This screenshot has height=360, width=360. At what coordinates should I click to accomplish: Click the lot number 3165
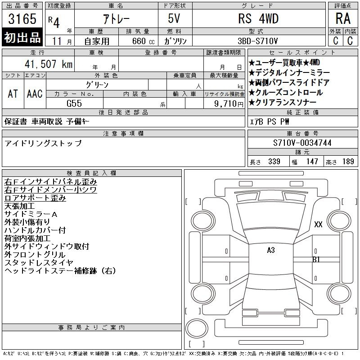pos(22,19)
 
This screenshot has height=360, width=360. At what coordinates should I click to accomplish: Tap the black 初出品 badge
pos(22,37)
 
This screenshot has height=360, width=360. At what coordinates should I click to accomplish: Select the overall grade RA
pos(343,18)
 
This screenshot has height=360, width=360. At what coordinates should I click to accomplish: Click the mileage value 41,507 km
pos(49,64)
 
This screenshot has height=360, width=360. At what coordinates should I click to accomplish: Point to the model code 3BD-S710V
pos(257,41)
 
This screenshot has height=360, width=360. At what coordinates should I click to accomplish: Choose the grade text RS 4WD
pos(258,18)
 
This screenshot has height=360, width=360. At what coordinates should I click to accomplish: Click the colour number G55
pos(74,103)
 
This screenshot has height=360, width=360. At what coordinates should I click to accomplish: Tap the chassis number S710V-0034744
pos(302,143)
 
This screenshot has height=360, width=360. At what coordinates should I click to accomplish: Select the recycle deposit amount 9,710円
pos(229,104)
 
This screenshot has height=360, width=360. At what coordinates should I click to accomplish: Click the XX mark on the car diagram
pos(318,224)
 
